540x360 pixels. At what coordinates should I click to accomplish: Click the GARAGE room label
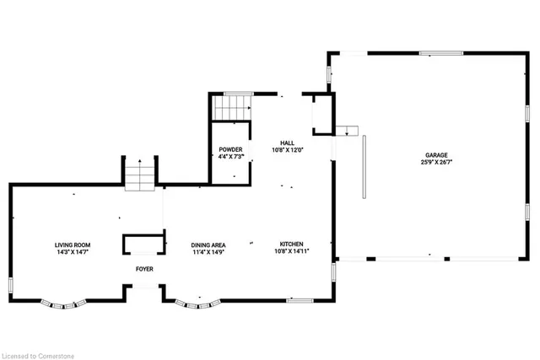pyautogui.click(x=435, y=155)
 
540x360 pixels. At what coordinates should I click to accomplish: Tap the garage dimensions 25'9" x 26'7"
pyautogui.click(x=435, y=163)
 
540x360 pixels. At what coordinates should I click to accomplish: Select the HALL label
pyautogui.click(x=287, y=142)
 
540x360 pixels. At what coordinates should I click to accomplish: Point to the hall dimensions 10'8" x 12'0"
pyautogui.click(x=287, y=150)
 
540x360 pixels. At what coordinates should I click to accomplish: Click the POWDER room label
pyautogui.click(x=230, y=149)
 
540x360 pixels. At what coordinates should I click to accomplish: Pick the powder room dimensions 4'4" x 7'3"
pyautogui.click(x=230, y=157)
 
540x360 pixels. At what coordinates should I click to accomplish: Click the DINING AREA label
pyautogui.click(x=208, y=244)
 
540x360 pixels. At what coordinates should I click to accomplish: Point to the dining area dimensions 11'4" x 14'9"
pyautogui.click(x=208, y=252)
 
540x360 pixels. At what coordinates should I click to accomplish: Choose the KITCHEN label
pyautogui.click(x=292, y=244)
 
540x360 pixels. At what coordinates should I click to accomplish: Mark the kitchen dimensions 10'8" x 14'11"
pyautogui.click(x=292, y=252)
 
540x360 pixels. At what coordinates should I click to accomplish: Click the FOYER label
pyautogui.click(x=144, y=269)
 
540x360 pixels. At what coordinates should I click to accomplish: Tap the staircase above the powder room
pyautogui.click(x=231, y=107)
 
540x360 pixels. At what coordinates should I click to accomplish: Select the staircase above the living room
pyautogui.click(x=140, y=174)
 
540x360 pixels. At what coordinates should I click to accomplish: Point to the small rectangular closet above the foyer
pyautogui.click(x=142, y=244)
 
